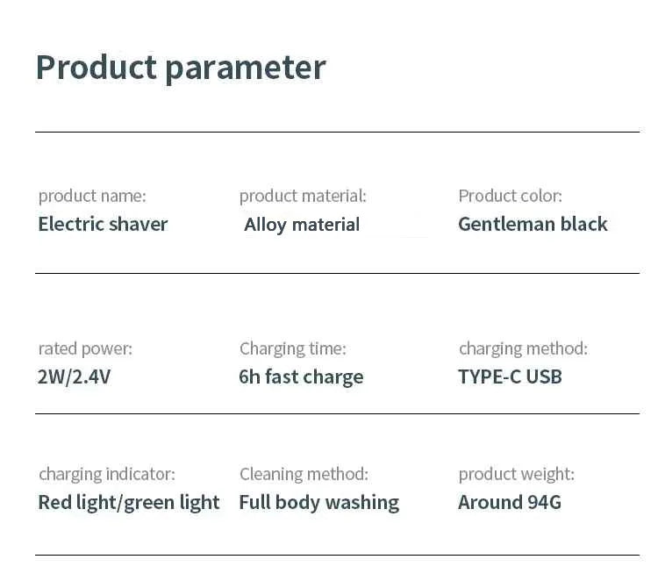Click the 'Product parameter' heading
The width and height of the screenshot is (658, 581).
pyautogui.click(x=181, y=68)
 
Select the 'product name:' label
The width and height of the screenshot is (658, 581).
pyautogui.click(x=92, y=196)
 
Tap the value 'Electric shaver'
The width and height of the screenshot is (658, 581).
pyautogui.click(x=103, y=224)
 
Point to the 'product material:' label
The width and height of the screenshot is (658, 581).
pyautogui.click(x=303, y=196)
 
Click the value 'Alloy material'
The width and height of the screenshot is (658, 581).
pyautogui.click(x=302, y=225)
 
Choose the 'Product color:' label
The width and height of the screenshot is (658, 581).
pyautogui.click(x=510, y=196)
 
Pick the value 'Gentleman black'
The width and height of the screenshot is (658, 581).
pyautogui.click(x=533, y=224)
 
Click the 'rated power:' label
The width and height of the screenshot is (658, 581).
pyautogui.click(x=85, y=348)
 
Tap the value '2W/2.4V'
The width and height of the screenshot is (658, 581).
pyautogui.click(x=74, y=377)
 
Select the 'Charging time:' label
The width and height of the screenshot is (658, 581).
pyautogui.click(x=292, y=348)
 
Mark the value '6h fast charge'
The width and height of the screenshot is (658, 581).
pyautogui.click(x=301, y=377)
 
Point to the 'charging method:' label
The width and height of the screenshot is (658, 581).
pyautogui.click(x=523, y=348)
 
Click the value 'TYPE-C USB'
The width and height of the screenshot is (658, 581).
pyautogui.click(x=510, y=377)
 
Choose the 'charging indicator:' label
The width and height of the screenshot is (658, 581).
pyautogui.click(x=106, y=474)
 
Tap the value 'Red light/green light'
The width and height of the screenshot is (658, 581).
pyautogui.click(x=129, y=503)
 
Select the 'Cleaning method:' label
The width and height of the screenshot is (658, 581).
pyautogui.click(x=304, y=474)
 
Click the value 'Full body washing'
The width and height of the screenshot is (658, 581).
pyautogui.click(x=318, y=503)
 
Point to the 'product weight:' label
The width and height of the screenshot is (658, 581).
pyautogui.click(x=516, y=474)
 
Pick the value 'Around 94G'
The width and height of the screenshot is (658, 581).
pyautogui.click(x=509, y=503)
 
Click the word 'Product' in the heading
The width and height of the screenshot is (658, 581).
pyautogui.click(x=96, y=68)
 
